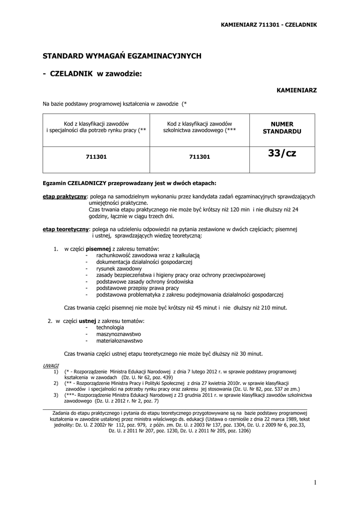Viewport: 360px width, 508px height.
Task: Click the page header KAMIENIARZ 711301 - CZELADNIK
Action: (x=268, y=24)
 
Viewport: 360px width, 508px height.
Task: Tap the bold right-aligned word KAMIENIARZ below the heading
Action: (x=296, y=90)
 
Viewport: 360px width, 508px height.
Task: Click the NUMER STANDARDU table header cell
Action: (x=282, y=127)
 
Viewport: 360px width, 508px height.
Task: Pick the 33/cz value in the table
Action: (x=282, y=154)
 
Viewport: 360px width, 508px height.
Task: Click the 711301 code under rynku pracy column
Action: (x=96, y=157)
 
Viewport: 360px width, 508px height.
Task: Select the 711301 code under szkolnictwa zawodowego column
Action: (x=200, y=157)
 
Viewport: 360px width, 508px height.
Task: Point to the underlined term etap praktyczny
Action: (x=65, y=196)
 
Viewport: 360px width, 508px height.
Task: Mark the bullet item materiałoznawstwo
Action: (x=120, y=341)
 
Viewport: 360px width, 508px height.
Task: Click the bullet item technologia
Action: (x=110, y=327)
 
